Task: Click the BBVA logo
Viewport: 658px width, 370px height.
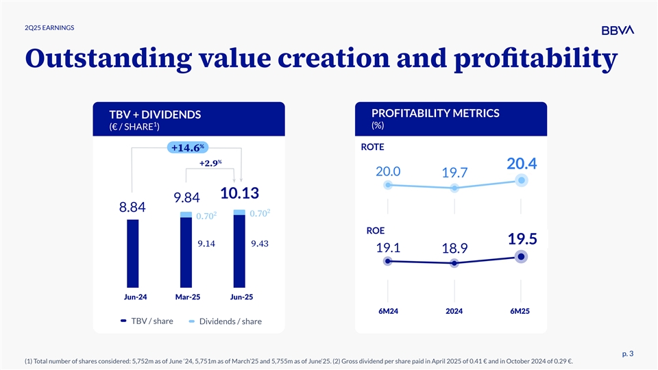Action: click(617, 29)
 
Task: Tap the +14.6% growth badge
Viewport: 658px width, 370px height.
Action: click(187, 148)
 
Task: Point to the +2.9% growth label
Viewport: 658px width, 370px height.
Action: click(211, 163)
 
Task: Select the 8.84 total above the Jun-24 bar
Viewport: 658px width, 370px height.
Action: click(132, 208)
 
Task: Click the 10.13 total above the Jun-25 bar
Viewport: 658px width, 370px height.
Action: click(239, 194)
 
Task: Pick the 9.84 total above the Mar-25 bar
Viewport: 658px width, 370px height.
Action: click(186, 198)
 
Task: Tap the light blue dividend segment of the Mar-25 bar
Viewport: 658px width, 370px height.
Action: click(186, 214)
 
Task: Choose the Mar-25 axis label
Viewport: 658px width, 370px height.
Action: click(186, 297)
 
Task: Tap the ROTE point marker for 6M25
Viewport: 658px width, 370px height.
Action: click(522, 180)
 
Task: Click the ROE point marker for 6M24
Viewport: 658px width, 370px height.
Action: click(388, 261)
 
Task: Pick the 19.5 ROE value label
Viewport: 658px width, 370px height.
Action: click(522, 238)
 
